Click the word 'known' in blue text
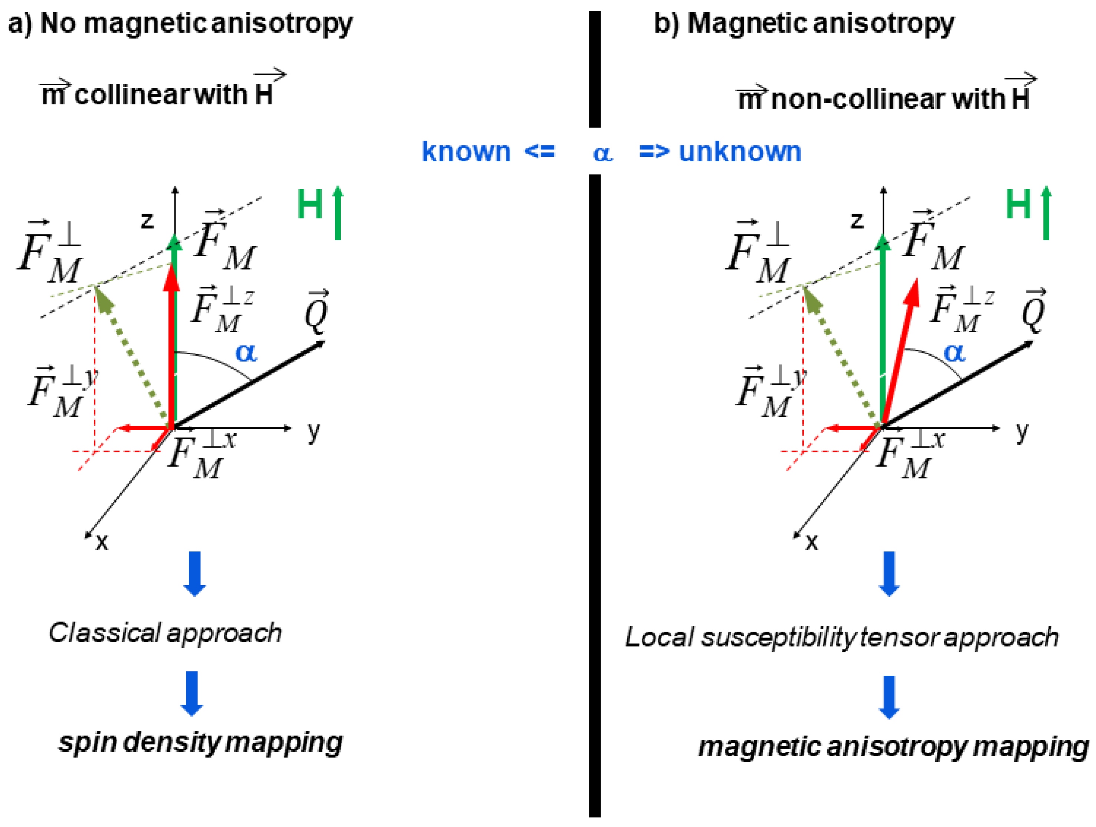coord(465,152)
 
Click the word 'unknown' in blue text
coord(739,152)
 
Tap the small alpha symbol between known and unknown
coord(602,153)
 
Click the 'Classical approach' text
coord(165,633)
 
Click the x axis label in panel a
coord(102,542)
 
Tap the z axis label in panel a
coord(147,220)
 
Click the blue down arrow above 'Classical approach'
coord(195,573)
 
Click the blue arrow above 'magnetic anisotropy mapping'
coord(889,697)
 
